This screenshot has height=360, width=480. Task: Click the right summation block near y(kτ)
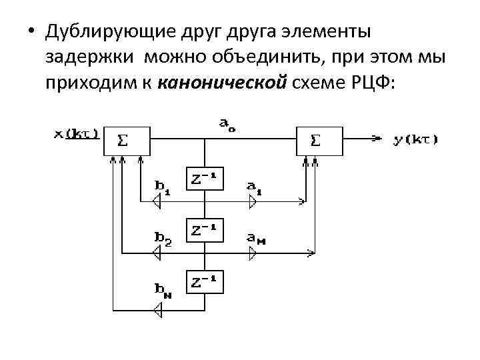(319, 141)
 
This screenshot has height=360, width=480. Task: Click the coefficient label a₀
(227, 125)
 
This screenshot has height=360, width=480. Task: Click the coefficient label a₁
(254, 186)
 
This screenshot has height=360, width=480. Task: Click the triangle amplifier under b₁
(158, 200)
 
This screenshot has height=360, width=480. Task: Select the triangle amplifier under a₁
(252, 200)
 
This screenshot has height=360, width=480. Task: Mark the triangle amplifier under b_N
(158, 309)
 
